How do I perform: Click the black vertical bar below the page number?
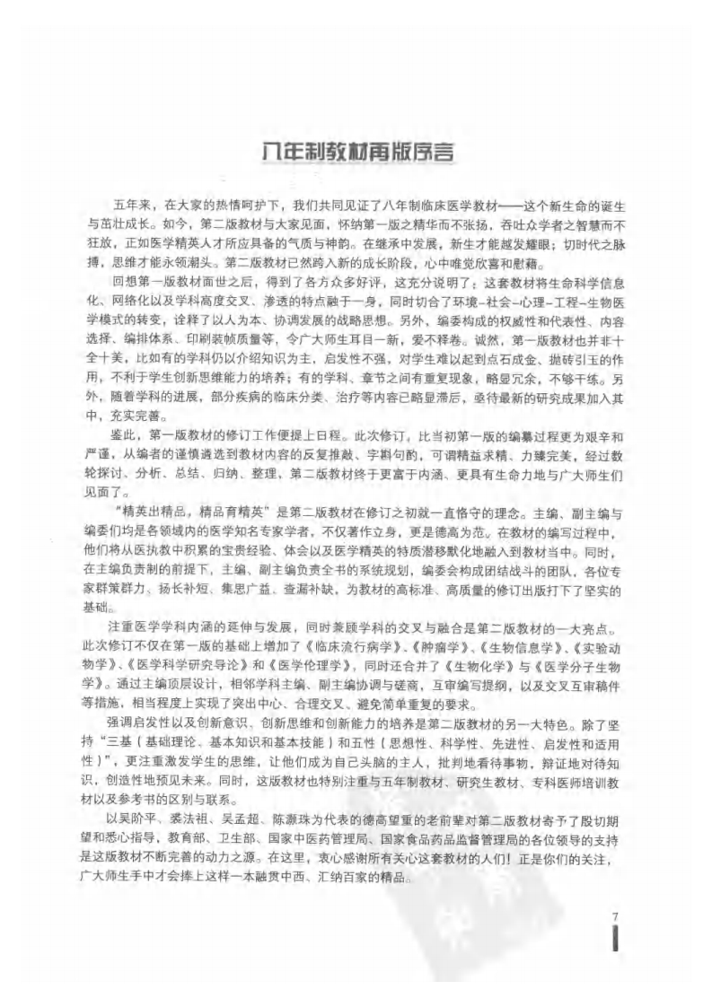(x=613, y=941)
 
